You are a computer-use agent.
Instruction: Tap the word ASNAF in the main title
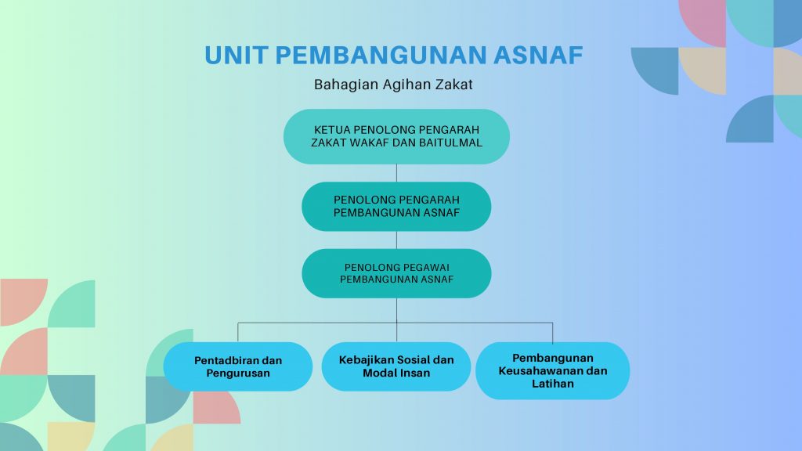[538, 56]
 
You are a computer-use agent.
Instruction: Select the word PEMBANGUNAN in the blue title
[381, 56]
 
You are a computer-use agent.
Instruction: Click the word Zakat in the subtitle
[454, 85]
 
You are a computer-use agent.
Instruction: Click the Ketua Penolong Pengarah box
[396, 136]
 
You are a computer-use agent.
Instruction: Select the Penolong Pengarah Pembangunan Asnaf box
[396, 207]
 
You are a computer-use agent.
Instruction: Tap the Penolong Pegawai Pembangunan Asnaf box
[396, 273]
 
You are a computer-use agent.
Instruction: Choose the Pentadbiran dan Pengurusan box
[238, 366]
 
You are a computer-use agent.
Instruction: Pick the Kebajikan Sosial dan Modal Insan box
[396, 366]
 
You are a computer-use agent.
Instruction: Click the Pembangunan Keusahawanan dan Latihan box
[553, 370]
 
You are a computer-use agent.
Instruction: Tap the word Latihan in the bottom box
[553, 384]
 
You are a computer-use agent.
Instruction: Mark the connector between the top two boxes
[396, 173]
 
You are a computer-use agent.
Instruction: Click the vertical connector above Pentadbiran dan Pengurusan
[238, 332]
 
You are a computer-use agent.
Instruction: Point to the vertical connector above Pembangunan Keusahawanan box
[553, 332]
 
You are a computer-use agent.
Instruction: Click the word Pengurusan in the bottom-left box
[238, 373]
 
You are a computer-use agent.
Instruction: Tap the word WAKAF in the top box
[365, 143]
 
